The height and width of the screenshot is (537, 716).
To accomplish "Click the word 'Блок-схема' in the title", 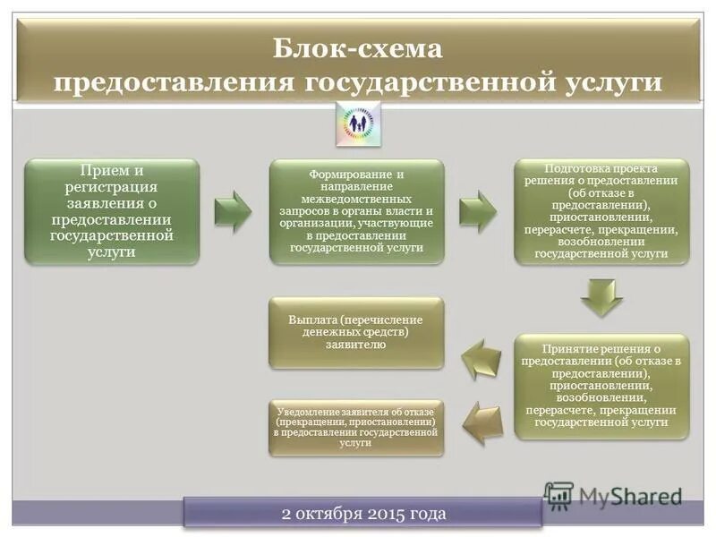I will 357,47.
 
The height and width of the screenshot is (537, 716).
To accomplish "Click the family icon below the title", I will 358,124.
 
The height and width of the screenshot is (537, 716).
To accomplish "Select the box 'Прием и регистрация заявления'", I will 112,211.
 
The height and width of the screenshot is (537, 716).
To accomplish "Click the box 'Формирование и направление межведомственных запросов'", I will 357,211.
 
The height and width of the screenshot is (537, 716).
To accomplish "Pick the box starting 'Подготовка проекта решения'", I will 601,211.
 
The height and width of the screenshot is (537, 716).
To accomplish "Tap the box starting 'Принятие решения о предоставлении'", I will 601,385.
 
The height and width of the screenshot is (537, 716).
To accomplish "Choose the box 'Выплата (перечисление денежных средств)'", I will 356,332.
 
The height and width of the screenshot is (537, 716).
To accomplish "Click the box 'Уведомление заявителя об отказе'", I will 356,427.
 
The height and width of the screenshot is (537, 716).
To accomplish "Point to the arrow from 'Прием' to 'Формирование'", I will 234,211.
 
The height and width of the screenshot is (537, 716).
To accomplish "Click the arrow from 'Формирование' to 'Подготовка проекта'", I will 478,211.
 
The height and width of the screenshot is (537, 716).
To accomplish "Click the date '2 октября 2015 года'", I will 363,514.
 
